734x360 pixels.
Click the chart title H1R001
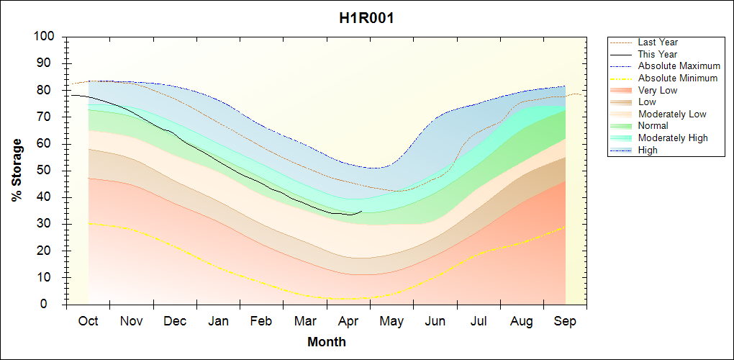click(366, 18)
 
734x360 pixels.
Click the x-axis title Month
click(326, 342)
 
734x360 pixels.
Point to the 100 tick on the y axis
click(44, 37)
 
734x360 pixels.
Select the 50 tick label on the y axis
click(47, 171)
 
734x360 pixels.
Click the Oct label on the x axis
click(89, 321)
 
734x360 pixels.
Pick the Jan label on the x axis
click(219, 321)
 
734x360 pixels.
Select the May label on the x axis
click(391, 321)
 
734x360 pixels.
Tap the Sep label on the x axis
click(565, 321)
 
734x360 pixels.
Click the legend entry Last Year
click(658, 42)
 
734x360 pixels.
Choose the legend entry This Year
click(658, 54)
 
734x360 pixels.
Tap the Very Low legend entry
click(658, 90)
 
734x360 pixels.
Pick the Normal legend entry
click(653, 126)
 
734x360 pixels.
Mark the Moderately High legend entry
click(673, 138)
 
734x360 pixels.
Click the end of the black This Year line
click(362, 212)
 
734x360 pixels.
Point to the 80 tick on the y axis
click(47, 90)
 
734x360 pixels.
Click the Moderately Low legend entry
click(672, 114)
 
